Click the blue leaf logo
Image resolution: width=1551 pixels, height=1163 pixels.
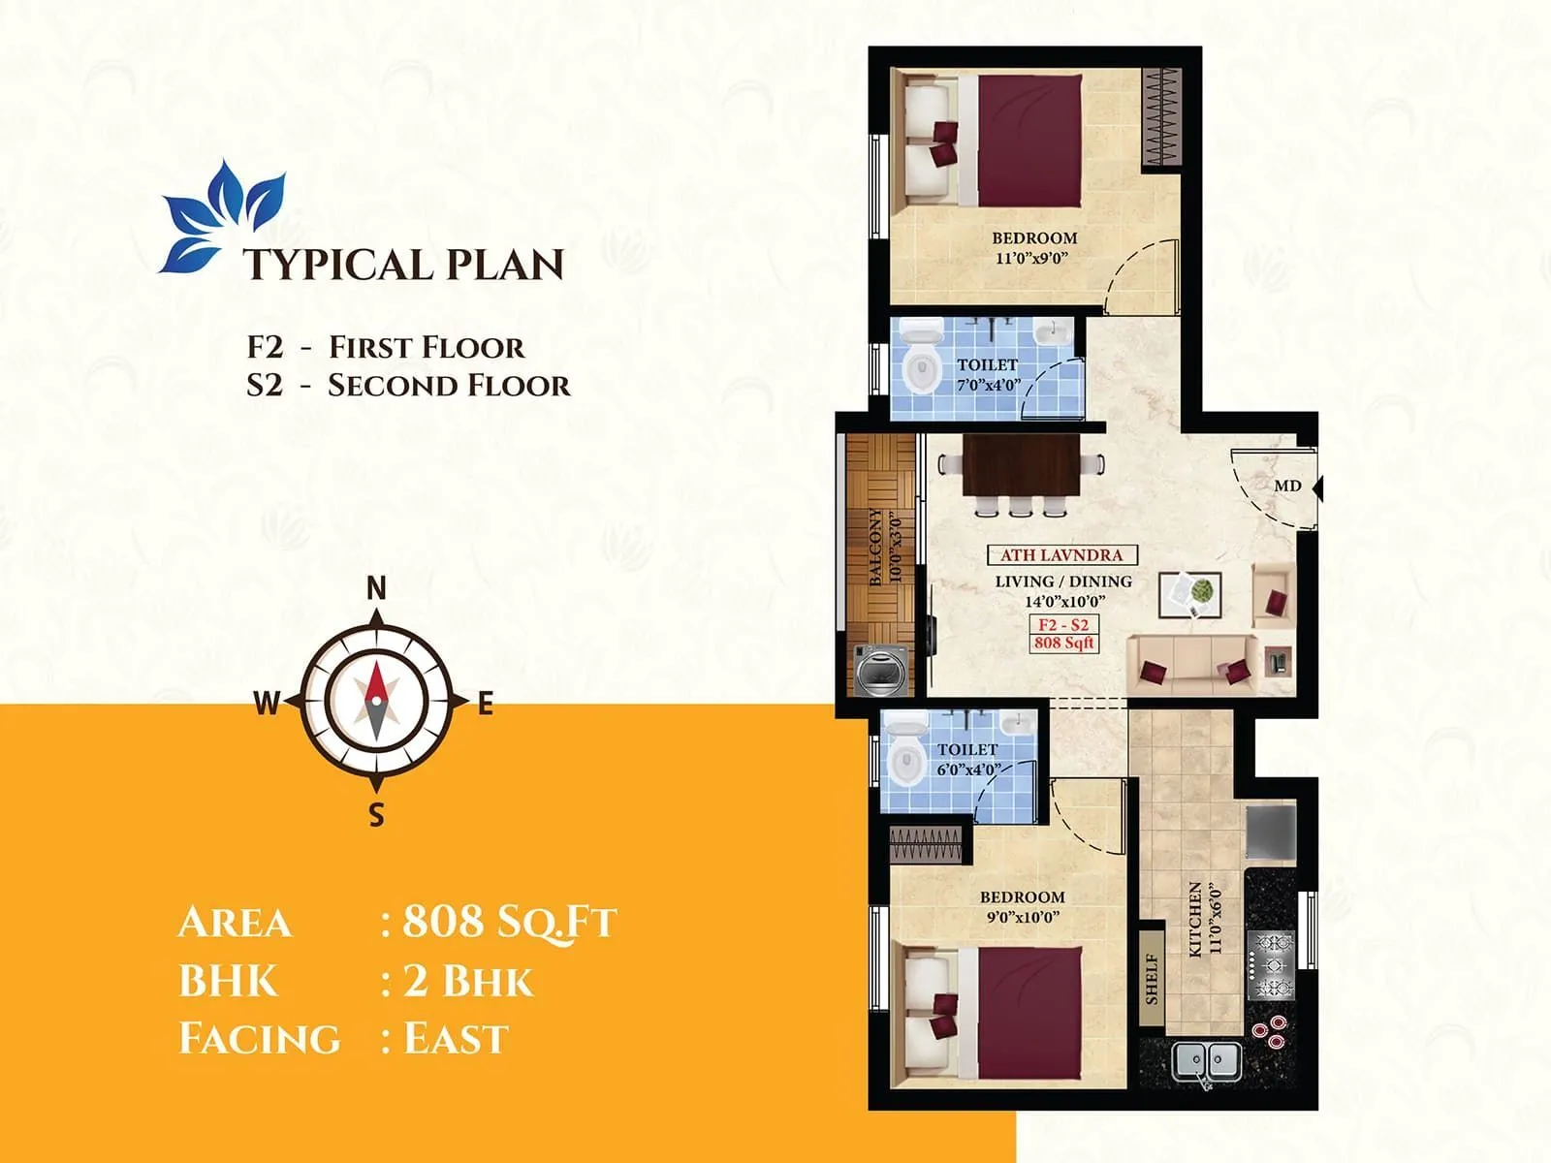pos(222,215)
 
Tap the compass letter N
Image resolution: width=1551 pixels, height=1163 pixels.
pos(377,587)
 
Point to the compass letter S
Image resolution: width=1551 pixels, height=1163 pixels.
pos(377,815)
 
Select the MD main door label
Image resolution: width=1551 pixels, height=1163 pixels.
pos(1287,486)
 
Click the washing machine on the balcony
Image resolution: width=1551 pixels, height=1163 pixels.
pos(881,670)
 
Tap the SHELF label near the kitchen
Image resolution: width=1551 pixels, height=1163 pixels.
pos(1152,978)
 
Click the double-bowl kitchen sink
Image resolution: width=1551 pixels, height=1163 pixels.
pos(1207,1060)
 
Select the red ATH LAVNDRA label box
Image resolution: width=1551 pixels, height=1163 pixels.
pos(1061,555)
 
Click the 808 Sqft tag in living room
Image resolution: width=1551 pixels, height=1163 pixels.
pos(1063,643)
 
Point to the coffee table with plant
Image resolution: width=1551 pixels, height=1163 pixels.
pos(1190,594)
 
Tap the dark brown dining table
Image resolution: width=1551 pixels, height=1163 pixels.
pos(1021,465)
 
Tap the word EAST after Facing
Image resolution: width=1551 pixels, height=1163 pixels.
pos(456,1039)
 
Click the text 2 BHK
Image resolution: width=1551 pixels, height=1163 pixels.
pos(468,981)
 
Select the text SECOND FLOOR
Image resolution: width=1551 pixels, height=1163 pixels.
pos(449,386)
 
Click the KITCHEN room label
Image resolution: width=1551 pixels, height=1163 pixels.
pos(1195,919)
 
